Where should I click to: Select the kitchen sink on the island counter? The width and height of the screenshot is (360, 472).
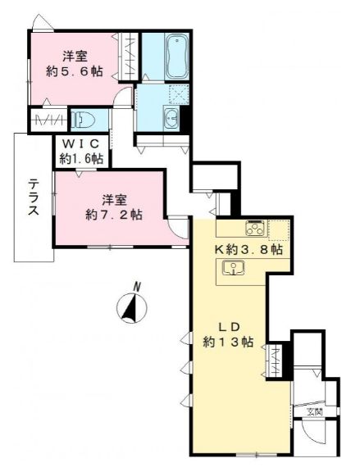230,267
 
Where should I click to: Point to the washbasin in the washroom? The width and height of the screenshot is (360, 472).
170,118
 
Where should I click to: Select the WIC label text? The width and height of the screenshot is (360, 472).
80,144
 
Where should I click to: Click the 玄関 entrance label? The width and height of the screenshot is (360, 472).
315,411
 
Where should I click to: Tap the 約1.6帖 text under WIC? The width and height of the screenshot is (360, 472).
80,158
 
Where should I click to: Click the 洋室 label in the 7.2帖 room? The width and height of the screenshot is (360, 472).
114,199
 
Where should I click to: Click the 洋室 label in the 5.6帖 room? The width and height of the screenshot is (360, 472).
75,56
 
